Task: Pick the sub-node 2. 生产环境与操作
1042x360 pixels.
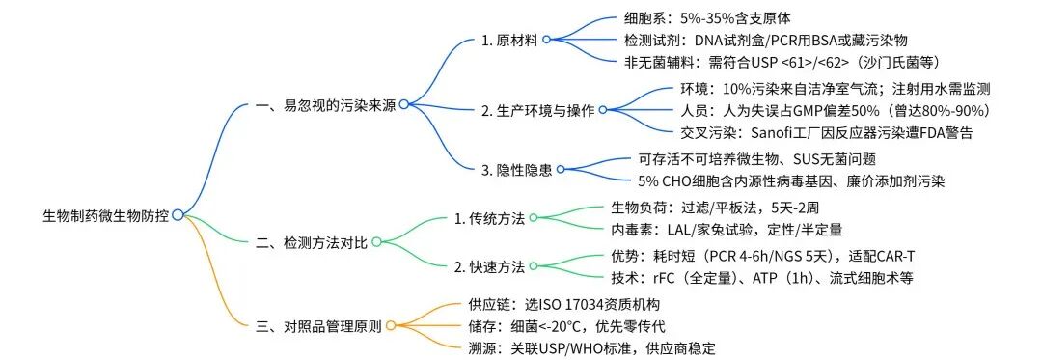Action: (x=538, y=109)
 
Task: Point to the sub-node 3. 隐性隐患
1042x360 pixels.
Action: (x=515, y=170)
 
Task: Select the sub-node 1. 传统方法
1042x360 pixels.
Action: (x=489, y=218)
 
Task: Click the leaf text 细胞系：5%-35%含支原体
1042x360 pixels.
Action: (x=717, y=17)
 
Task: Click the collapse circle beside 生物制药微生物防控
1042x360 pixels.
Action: (x=178, y=215)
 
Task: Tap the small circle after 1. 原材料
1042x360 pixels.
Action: (x=547, y=40)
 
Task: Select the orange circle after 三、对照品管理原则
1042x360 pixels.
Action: (x=390, y=325)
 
